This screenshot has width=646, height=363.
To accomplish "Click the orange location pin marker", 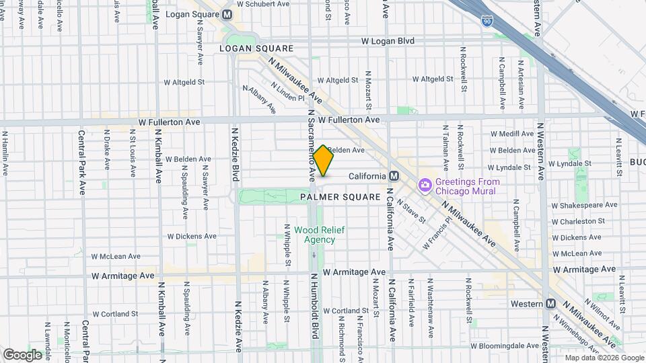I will (x=323, y=161).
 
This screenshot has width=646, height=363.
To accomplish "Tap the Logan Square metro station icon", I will (x=227, y=14).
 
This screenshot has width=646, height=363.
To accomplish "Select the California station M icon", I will (x=394, y=175).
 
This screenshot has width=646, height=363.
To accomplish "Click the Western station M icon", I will (x=551, y=304).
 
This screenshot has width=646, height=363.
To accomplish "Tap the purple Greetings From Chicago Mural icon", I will (x=425, y=185).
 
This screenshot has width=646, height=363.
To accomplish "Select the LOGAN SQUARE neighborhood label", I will (x=256, y=48).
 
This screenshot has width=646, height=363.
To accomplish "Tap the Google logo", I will (x=22, y=354).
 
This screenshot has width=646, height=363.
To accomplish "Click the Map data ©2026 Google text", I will (x=604, y=358).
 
